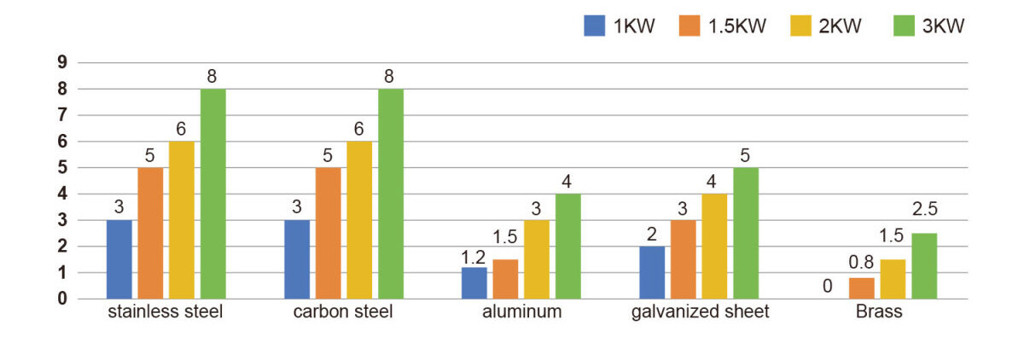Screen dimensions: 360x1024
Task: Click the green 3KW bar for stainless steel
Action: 212,194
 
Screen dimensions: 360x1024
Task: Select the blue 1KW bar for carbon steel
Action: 297,259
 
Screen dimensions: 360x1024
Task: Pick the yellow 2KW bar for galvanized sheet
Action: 714,247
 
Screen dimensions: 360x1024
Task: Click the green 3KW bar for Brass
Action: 923,266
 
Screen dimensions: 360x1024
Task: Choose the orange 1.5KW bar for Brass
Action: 861,288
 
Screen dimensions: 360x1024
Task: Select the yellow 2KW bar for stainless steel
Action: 181,220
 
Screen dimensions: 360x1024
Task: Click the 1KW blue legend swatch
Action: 594,26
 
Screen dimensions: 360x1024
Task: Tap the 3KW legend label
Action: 944,26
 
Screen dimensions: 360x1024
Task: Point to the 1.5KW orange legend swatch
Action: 689,26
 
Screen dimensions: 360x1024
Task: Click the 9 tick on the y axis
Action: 62,62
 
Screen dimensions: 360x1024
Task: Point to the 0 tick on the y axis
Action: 62,299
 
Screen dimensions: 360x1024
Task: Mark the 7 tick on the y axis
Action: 62,115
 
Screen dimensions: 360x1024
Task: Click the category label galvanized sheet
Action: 700,312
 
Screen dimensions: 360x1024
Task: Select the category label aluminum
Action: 521,312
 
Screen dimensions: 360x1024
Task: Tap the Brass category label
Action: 879,312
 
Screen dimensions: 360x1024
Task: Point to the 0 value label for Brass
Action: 827,286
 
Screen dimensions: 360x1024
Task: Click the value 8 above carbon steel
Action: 389,77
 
